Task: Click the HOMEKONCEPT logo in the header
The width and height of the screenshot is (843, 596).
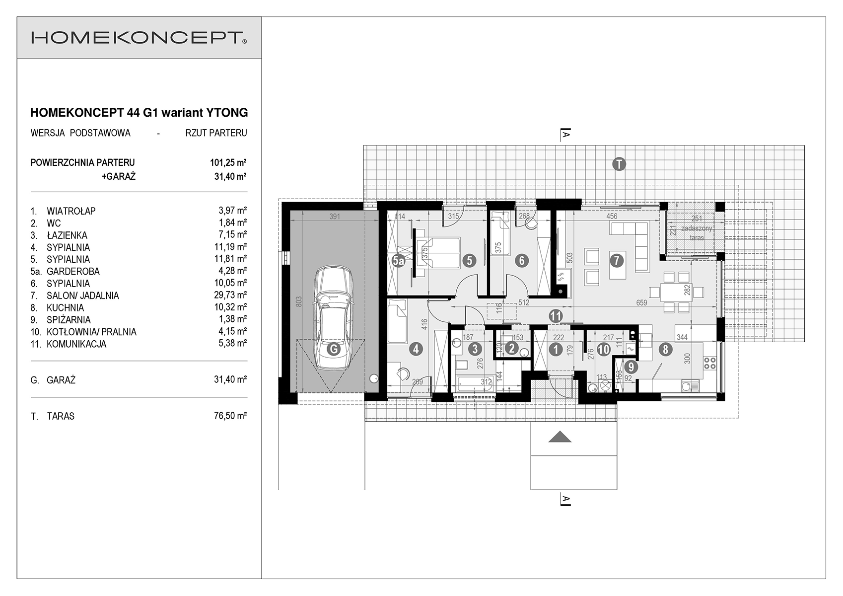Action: (x=139, y=38)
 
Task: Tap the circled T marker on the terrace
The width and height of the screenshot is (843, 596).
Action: (x=619, y=164)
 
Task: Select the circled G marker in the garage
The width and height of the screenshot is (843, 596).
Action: (x=334, y=349)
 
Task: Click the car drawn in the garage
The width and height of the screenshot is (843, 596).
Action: (x=334, y=318)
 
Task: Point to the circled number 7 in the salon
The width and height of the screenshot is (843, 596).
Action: (x=617, y=261)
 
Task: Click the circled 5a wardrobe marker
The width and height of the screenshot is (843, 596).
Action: (x=398, y=261)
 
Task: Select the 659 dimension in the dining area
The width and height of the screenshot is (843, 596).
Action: (x=641, y=302)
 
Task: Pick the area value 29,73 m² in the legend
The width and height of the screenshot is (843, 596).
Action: (x=231, y=295)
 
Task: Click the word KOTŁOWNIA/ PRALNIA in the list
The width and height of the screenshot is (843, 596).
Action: (x=91, y=332)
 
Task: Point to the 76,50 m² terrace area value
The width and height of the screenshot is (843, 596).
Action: (x=231, y=416)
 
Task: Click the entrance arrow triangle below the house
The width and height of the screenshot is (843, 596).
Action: (x=560, y=437)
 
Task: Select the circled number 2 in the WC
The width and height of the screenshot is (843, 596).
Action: (x=511, y=348)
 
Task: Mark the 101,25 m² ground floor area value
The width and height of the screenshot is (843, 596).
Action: (x=228, y=162)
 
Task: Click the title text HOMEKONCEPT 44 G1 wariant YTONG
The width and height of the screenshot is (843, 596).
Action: (x=139, y=113)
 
